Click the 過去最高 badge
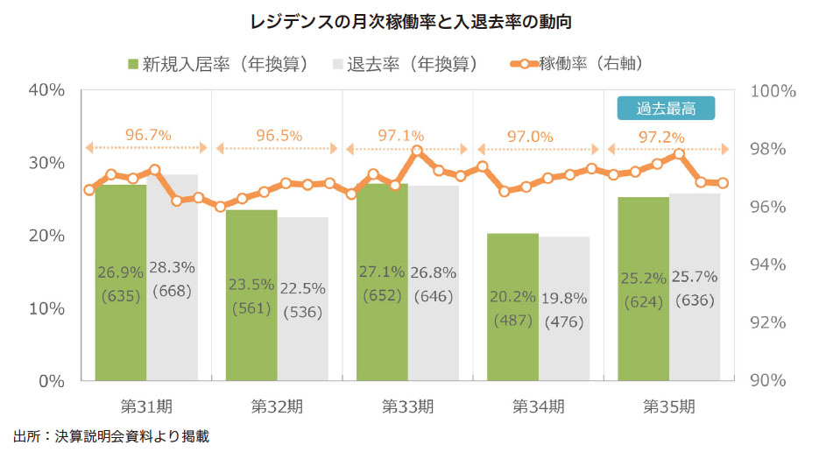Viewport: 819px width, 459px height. tap(666, 108)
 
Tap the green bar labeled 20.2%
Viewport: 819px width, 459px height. tap(512, 307)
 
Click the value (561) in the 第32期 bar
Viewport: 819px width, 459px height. tap(251, 307)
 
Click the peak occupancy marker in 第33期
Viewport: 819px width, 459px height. tap(417, 151)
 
